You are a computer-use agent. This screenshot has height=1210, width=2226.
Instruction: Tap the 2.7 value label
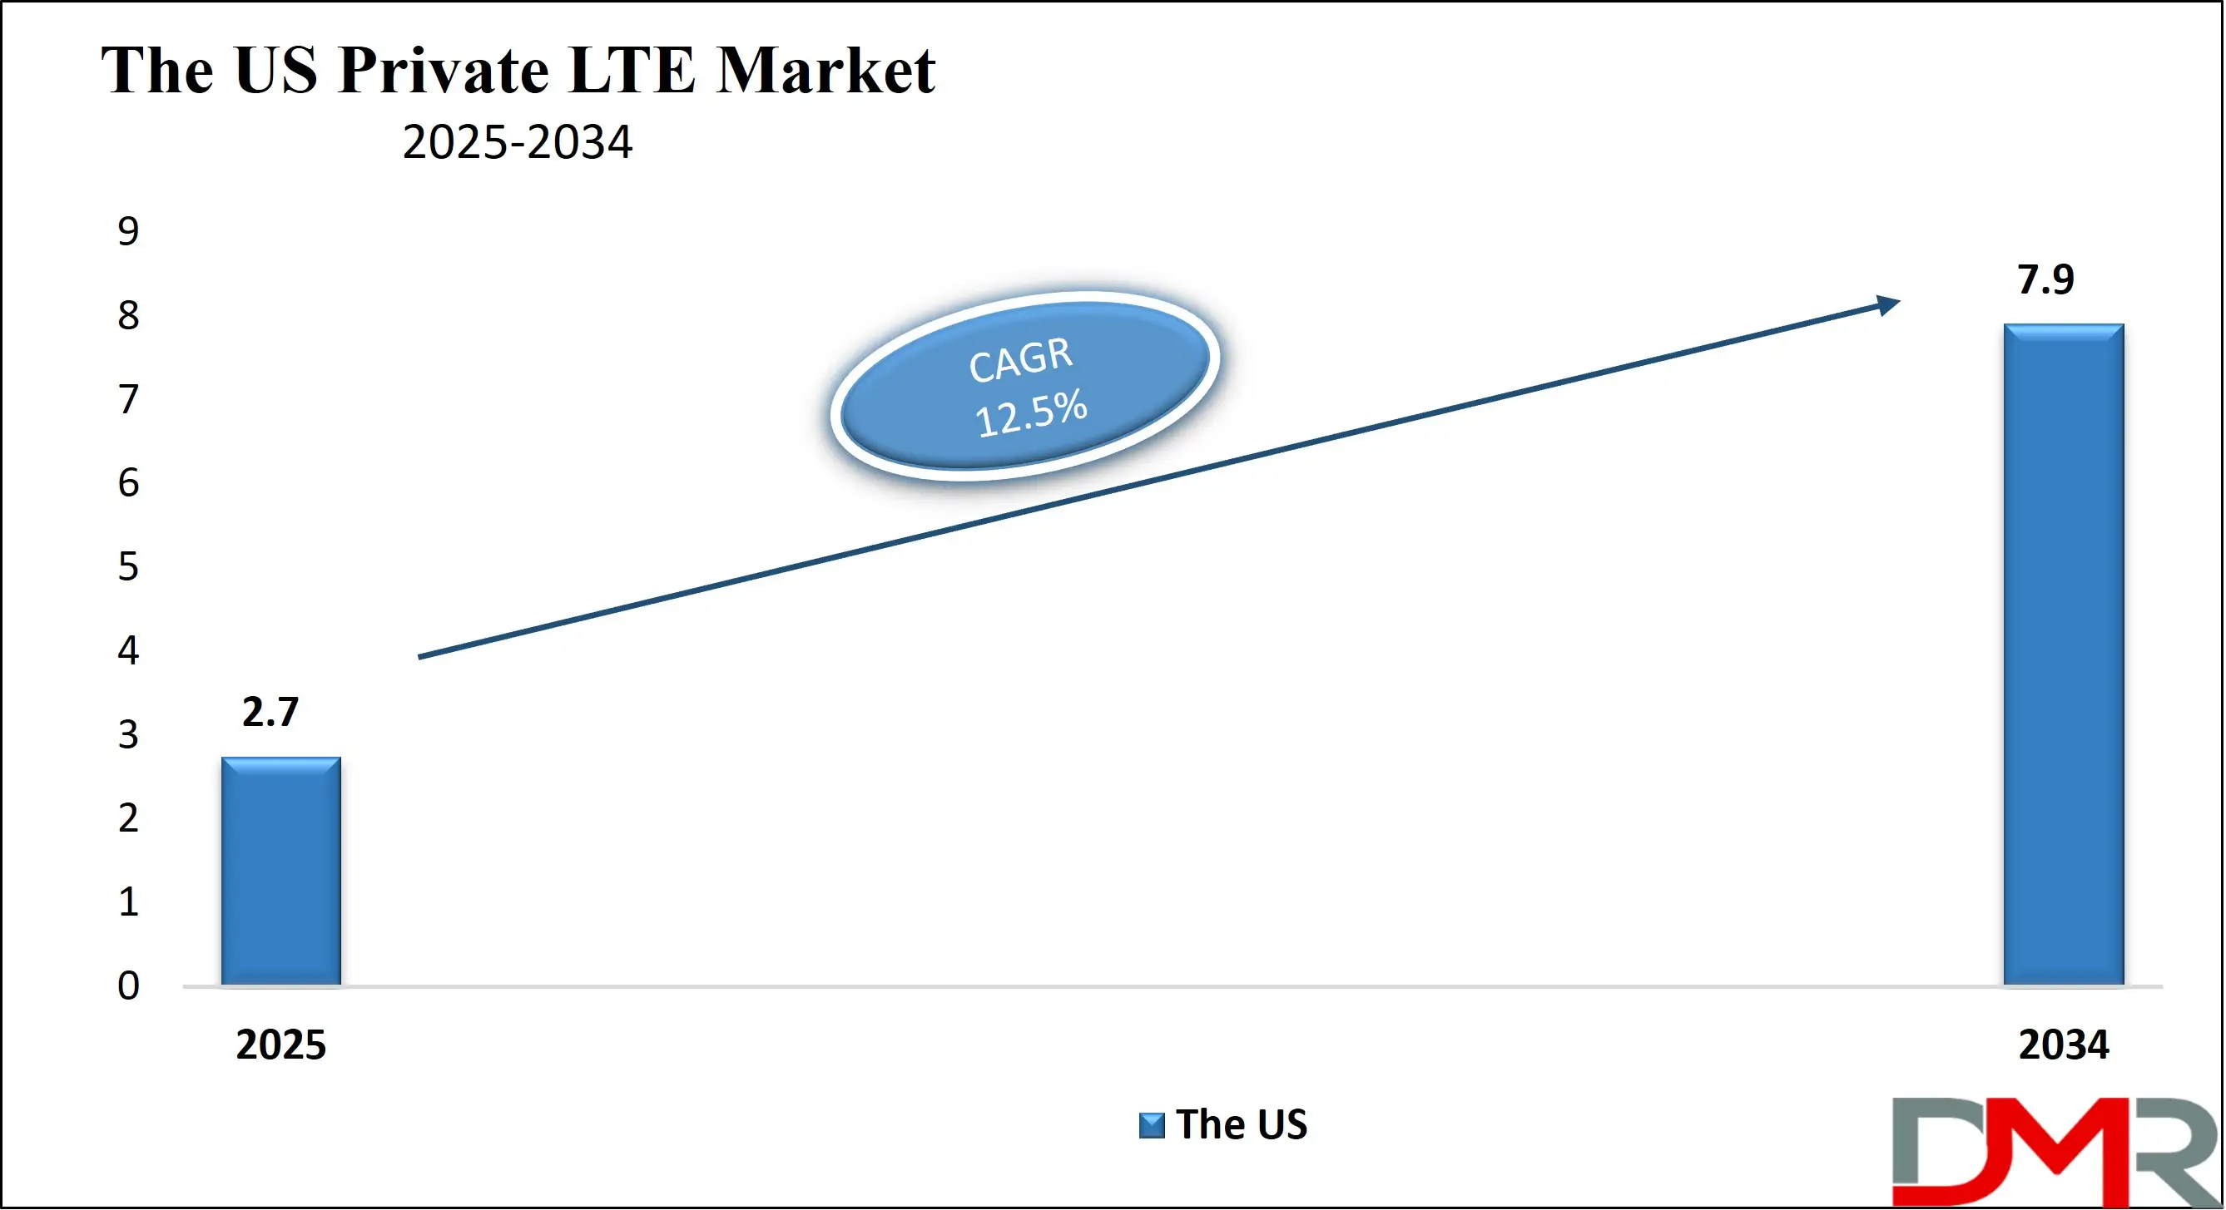[x=270, y=712]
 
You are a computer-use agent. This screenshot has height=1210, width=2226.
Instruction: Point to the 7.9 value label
[x=2045, y=279]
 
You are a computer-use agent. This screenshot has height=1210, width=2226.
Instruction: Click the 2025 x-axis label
[x=280, y=1045]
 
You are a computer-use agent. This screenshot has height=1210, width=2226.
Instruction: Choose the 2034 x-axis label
[x=2064, y=1045]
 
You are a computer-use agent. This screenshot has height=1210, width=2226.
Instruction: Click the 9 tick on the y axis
[x=128, y=231]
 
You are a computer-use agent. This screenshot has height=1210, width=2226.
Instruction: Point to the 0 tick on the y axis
[x=128, y=985]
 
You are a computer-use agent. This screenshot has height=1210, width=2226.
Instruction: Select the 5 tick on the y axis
[x=128, y=566]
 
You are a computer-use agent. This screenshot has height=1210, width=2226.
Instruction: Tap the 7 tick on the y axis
[x=128, y=399]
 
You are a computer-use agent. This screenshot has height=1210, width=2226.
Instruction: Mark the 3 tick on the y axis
[x=128, y=734]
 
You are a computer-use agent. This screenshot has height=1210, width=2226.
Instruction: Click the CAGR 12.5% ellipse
[x=1025, y=385]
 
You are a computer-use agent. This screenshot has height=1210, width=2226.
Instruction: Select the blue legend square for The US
[x=1151, y=1125]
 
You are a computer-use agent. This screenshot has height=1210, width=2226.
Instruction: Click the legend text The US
[x=1242, y=1124]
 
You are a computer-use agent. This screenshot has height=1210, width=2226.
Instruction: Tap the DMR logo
[x=2055, y=1151]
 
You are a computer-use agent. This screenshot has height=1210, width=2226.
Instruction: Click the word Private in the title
[x=444, y=70]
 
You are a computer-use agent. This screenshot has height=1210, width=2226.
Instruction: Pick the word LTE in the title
[x=632, y=70]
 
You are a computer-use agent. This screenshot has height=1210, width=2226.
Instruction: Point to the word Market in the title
[x=825, y=70]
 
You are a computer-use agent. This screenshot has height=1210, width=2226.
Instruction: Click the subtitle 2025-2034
[x=517, y=141]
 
